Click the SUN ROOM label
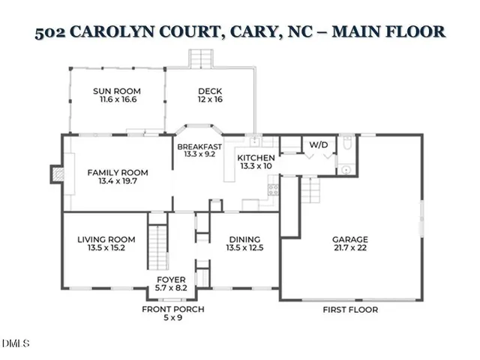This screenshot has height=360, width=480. click(116, 91)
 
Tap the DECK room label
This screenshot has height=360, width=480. click(210, 91)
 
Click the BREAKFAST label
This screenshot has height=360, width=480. click(199, 146)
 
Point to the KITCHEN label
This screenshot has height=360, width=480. click(256, 158)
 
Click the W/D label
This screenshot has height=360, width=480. click(318, 144)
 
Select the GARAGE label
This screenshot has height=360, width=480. click(350, 240)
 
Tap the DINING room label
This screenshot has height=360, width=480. click(246, 240)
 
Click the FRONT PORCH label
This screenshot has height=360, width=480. click(173, 309)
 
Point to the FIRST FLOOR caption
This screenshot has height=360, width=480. click(349, 309)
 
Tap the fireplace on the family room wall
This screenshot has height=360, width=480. click(54, 174)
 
